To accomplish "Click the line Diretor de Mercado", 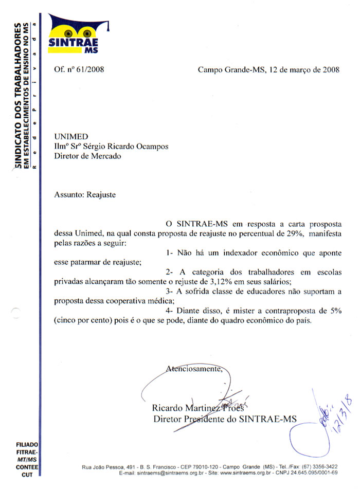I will [87, 156].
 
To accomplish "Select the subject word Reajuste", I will [101, 195].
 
